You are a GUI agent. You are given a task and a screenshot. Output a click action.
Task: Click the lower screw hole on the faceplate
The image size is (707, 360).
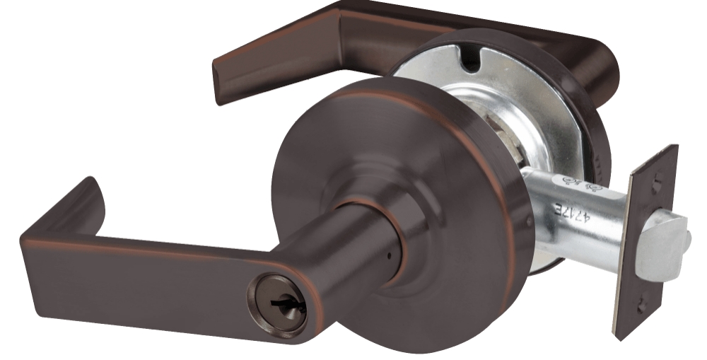641,307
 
